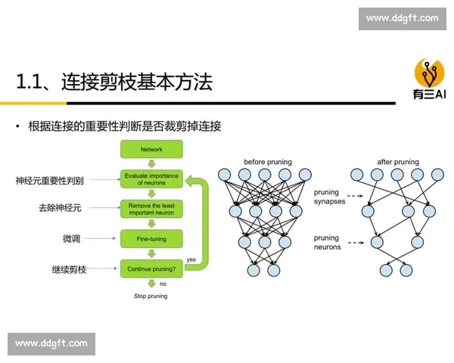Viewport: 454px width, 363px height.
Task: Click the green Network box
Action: point(151,150)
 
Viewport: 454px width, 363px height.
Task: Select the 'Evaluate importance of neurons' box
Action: point(151,179)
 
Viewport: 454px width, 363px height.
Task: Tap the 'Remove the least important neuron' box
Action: point(151,209)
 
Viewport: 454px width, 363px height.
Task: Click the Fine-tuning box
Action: point(151,239)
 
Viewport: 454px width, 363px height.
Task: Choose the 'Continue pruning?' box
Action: point(151,268)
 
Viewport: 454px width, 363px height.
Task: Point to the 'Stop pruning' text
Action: point(151,296)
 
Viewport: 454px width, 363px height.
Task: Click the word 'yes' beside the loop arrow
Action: point(191,260)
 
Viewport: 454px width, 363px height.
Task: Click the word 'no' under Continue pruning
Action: point(163,284)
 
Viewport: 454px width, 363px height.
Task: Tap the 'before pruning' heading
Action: point(267,162)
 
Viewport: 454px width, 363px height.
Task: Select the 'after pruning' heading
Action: point(397,162)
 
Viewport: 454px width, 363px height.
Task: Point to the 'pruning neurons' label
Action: point(327,242)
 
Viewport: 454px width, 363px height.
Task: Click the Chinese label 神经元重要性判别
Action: point(50,181)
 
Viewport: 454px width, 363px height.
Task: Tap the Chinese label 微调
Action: point(71,239)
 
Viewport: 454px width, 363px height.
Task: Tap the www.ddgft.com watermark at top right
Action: point(402,18)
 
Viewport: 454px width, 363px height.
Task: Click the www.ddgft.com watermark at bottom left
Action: point(51,343)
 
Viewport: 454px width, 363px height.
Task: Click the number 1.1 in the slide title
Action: point(30,82)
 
